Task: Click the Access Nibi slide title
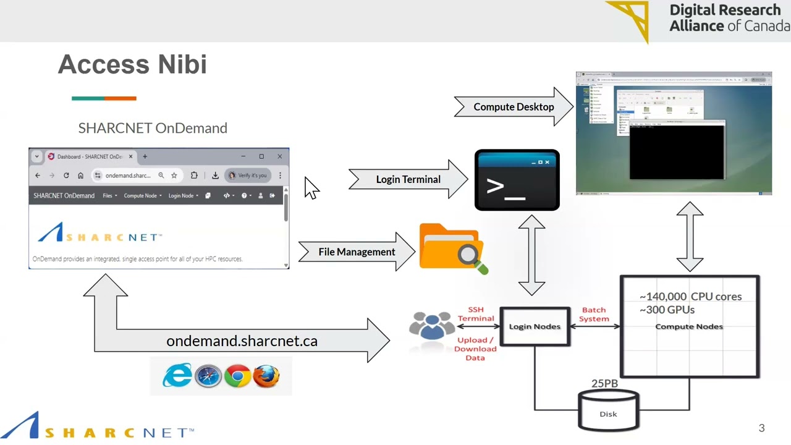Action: click(132, 65)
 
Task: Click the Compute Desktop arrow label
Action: click(514, 107)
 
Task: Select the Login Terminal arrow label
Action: click(408, 179)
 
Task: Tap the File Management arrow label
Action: click(357, 252)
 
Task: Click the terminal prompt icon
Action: click(517, 180)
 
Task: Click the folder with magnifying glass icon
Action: click(452, 248)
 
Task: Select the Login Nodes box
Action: click(535, 326)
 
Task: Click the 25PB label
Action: click(604, 384)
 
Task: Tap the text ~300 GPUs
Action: click(667, 310)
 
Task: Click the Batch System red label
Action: click(594, 315)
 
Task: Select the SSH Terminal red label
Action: click(476, 314)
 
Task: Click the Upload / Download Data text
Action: click(475, 349)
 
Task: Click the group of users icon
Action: click(431, 326)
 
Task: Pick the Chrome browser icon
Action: click(237, 376)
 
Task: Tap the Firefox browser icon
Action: click(266, 376)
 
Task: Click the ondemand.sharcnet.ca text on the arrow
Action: click(242, 341)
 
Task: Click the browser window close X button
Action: click(279, 156)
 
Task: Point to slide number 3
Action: click(761, 428)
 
